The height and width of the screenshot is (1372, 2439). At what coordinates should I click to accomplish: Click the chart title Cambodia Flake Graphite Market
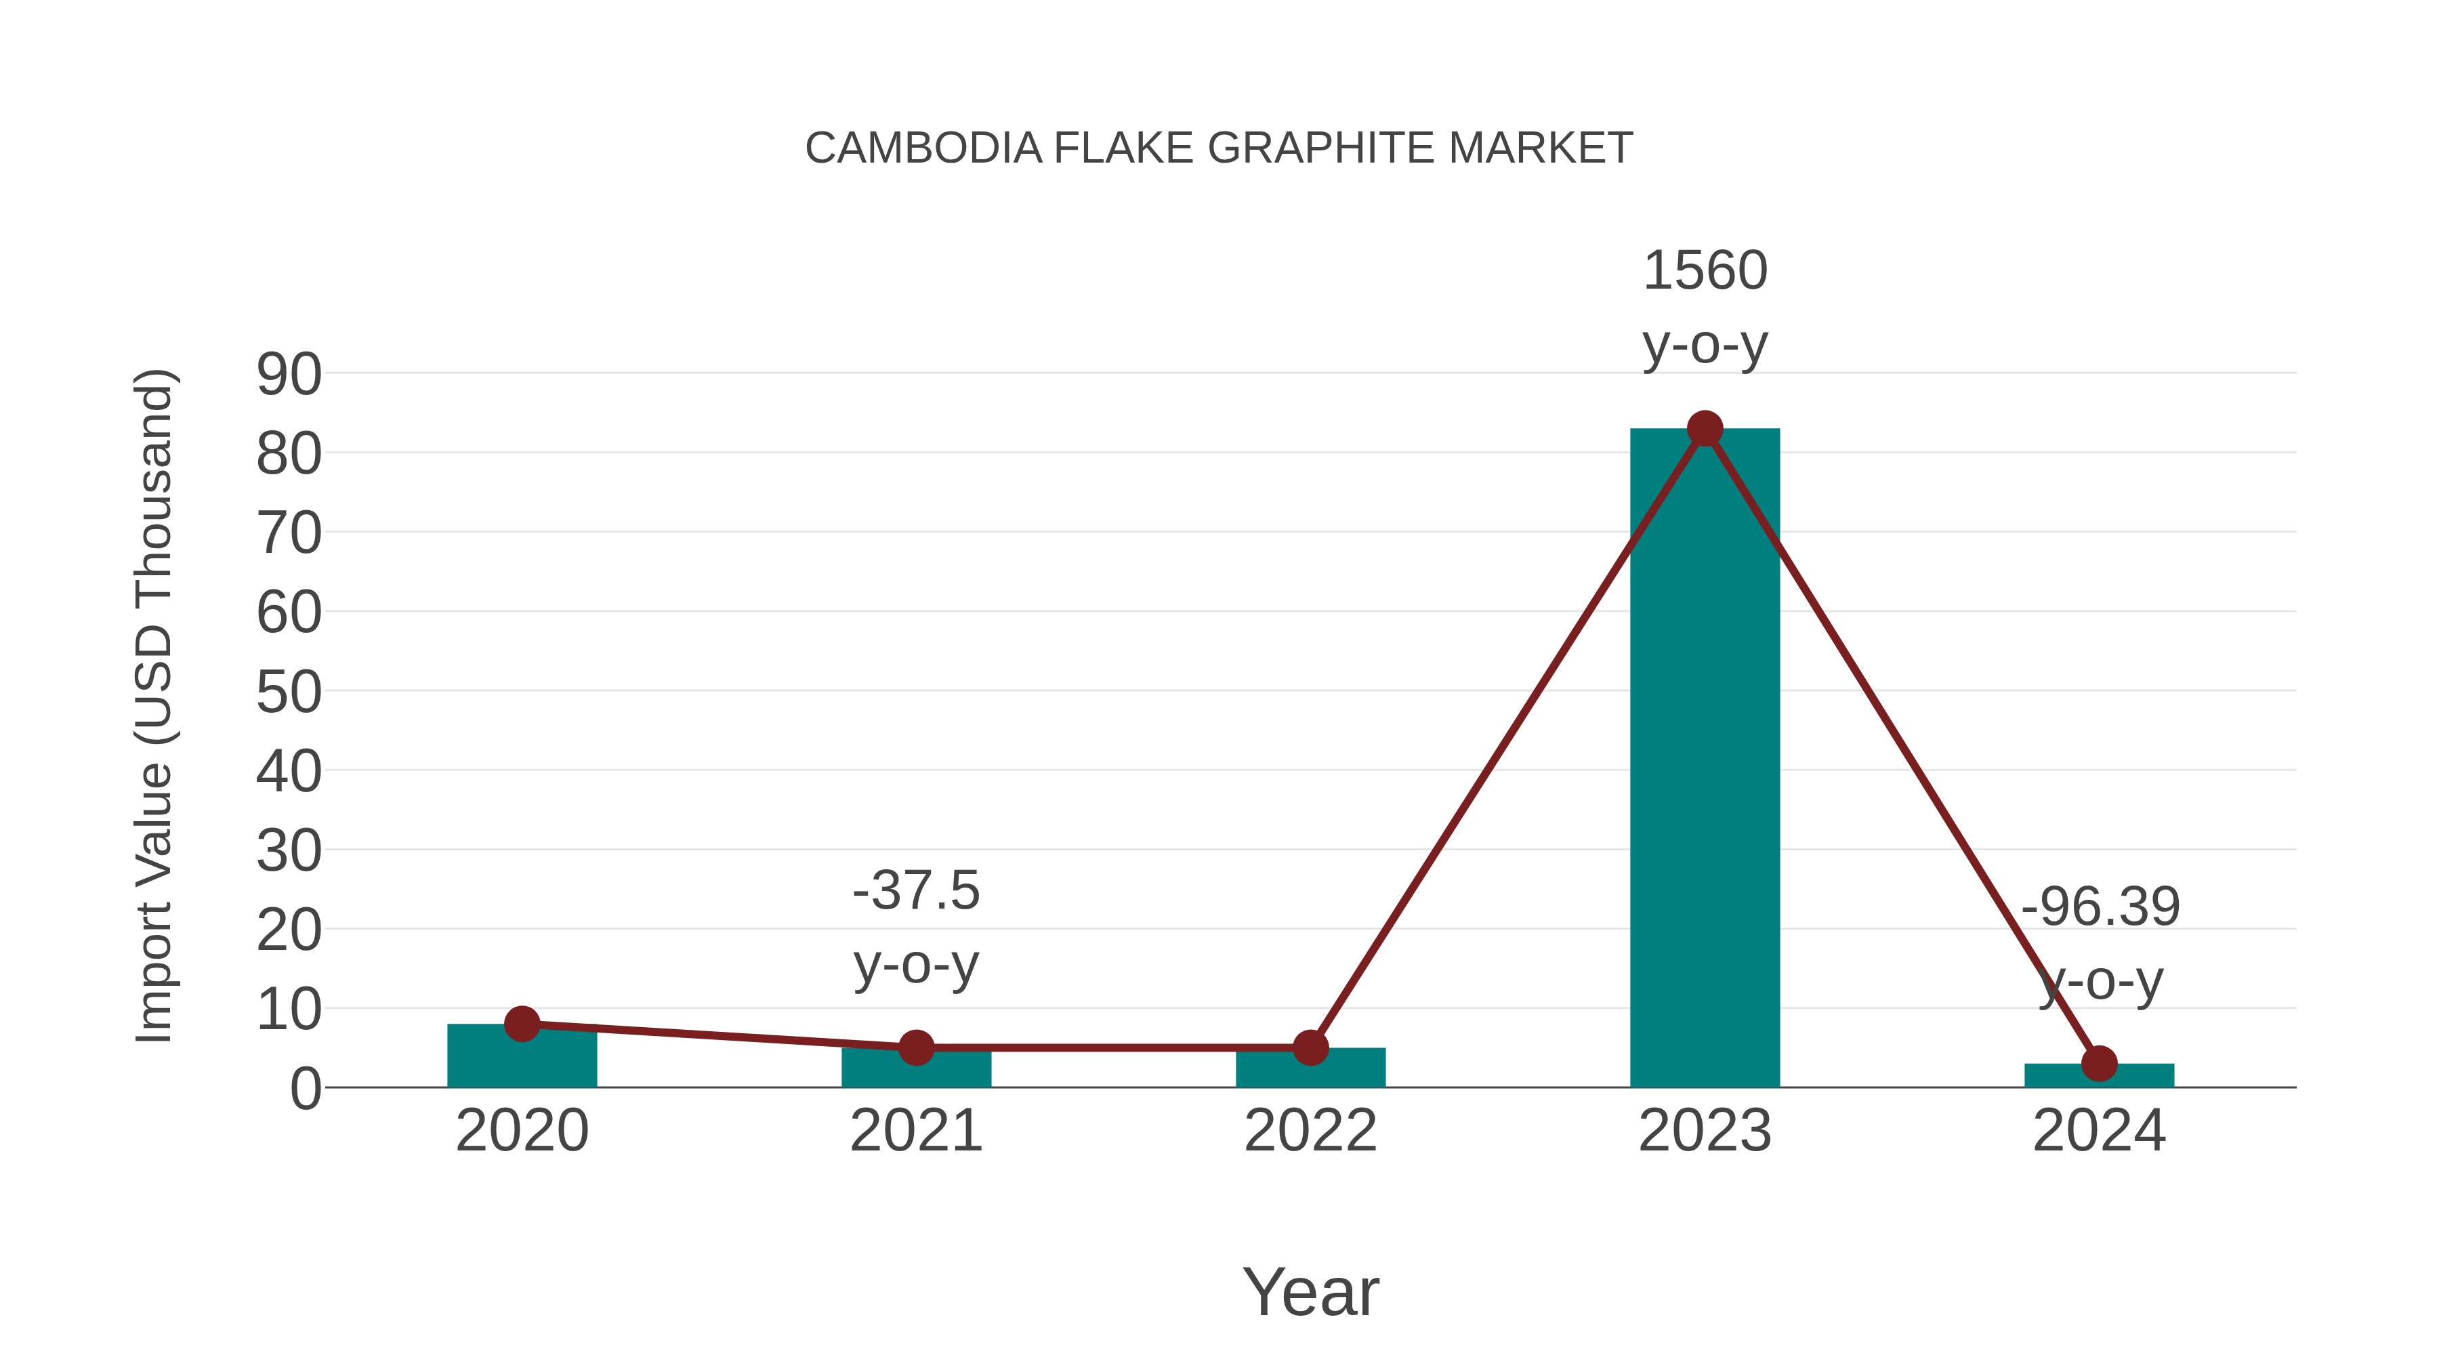(x=1219, y=148)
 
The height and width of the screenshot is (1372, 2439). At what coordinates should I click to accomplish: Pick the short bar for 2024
(x=2099, y=1077)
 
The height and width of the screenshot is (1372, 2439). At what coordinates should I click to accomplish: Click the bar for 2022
(x=1310, y=1070)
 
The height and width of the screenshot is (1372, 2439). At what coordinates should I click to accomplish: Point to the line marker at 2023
(x=1705, y=429)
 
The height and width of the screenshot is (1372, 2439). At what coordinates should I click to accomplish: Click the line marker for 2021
(x=915, y=1047)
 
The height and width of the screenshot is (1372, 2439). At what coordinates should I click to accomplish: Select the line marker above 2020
(x=522, y=1024)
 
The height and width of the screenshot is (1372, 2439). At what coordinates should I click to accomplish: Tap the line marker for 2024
(x=2099, y=1063)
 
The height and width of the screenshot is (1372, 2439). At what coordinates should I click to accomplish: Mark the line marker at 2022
(x=1310, y=1047)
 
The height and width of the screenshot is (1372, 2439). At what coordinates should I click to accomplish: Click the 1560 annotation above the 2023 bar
(x=1705, y=271)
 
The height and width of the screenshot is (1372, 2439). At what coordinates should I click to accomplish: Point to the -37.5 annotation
(x=915, y=891)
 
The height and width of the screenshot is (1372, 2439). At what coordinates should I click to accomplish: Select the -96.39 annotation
(x=2100, y=907)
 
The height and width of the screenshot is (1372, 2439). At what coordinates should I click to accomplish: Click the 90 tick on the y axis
(x=289, y=374)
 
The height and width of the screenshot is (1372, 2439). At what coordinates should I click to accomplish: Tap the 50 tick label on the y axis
(x=289, y=692)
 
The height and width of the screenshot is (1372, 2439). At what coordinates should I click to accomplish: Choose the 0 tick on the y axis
(x=306, y=1089)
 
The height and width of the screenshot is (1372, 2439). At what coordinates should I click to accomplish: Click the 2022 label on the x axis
(x=1310, y=1131)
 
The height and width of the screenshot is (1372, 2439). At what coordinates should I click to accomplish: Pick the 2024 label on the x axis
(x=2099, y=1131)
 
